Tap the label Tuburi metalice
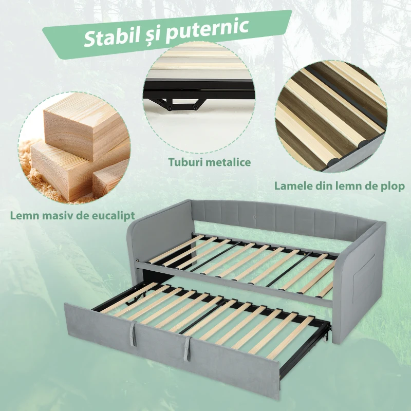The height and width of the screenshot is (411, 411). [x=210, y=162]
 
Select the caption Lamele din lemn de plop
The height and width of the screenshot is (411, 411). [x=340, y=185]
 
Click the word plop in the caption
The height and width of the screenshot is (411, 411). [x=393, y=185]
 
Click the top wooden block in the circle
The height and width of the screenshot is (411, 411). [x=82, y=123]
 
